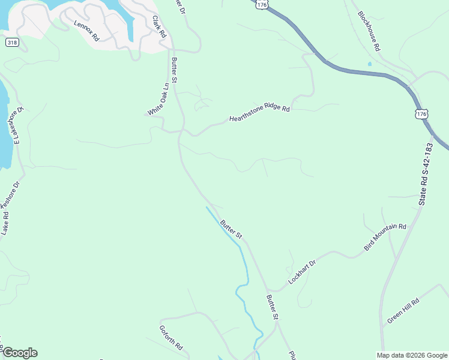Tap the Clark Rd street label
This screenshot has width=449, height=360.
158,27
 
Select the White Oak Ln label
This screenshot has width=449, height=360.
157,100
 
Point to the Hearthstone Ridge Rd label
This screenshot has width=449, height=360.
259,114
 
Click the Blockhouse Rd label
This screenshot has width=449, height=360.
369,31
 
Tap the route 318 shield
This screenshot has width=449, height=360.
11,43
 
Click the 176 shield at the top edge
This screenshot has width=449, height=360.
261,4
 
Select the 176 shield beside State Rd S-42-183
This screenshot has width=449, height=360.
422,113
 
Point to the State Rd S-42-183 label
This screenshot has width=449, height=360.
426,175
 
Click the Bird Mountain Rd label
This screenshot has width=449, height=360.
385,237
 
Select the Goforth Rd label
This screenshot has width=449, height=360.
170,338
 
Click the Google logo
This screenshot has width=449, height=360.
20,353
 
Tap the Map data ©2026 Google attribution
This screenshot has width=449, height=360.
412,355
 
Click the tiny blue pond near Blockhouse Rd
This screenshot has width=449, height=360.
370,64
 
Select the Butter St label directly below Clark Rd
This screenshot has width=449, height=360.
175,70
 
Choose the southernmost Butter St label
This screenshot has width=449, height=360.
273,307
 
